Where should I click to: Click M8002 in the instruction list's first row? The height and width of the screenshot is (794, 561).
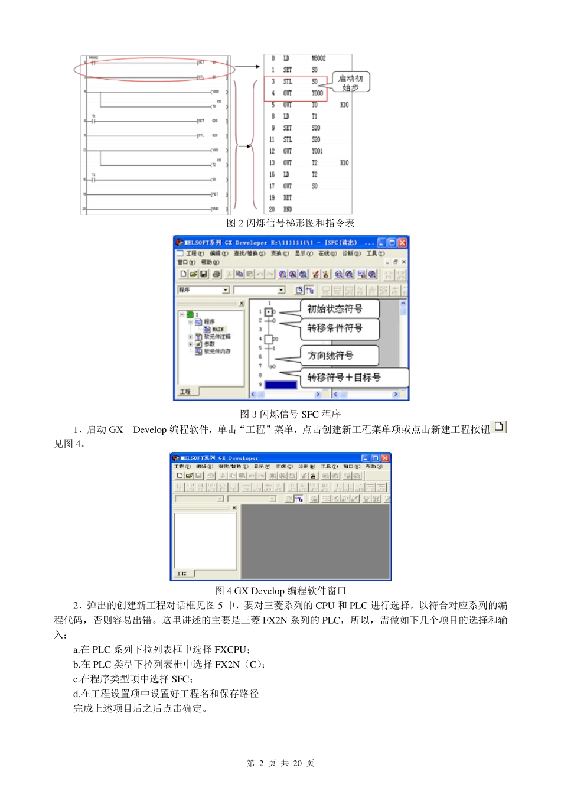coord(318,58)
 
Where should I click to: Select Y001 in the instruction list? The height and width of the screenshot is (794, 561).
coord(317,151)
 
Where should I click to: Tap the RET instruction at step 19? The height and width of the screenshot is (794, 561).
coord(288,198)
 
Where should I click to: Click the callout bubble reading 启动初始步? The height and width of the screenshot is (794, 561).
coord(351,83)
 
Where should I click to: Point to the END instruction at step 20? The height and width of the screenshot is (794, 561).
coord(288,209)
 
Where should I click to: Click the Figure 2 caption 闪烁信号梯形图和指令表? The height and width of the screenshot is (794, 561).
coord(291,223)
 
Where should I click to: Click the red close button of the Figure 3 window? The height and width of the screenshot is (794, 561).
coord(402,243)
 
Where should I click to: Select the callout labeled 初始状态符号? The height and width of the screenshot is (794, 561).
coord(335,308)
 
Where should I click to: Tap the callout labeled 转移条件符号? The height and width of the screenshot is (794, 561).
coord(335,328)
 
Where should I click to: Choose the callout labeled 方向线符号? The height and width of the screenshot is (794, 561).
coord(331,355)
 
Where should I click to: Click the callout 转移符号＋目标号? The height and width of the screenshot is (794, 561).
coord(344,377)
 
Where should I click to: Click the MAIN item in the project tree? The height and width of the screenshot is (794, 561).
coord(217,329)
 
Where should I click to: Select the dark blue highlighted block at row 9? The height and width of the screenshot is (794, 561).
coord(280,385)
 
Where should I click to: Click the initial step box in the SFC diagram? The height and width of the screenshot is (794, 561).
coord(269,311)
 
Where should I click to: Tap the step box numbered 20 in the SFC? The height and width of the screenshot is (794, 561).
coord(269,339)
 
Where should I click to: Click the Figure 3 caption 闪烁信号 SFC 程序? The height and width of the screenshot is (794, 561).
coord(290,414)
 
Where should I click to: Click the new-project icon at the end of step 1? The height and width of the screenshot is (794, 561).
coord(499,427)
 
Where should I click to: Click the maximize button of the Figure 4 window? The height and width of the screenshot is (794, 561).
coord(375,458)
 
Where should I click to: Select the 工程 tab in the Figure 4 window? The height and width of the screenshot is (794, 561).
coord(182,574)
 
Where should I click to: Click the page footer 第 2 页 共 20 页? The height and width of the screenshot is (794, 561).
coord(280,763)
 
